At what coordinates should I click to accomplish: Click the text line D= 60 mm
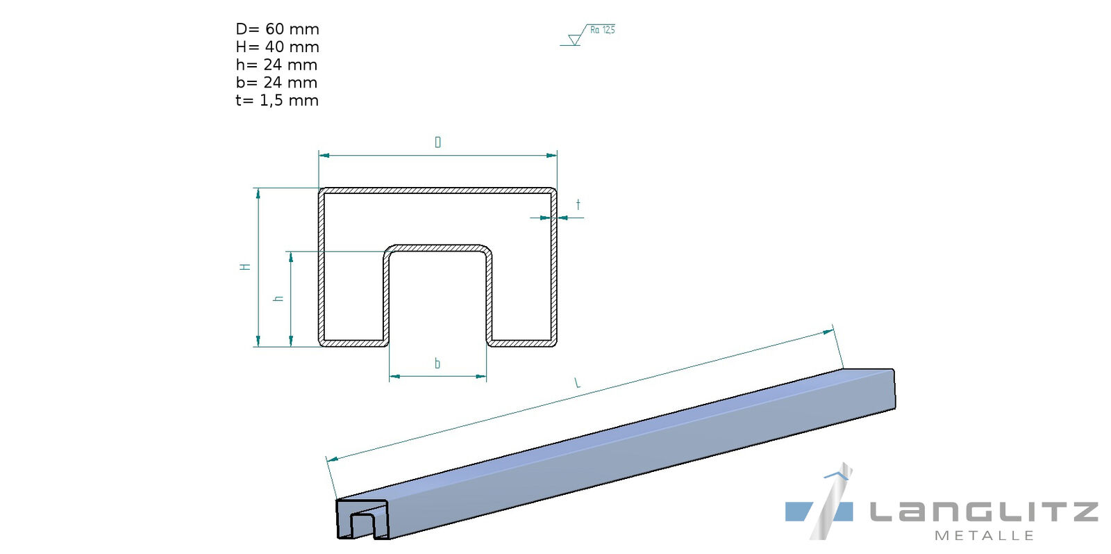coord(277,29)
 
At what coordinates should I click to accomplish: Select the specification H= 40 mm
coord(277,47)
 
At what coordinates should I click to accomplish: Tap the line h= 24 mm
coord(276,65)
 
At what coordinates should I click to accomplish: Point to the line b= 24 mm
coord(276,83)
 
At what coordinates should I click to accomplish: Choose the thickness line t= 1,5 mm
coord(277,101)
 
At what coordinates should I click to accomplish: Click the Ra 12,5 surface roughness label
coord(602,30)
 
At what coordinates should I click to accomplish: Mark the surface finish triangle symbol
coord(574,40)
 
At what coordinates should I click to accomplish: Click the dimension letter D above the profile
coord(437,142)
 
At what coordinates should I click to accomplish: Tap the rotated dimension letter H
coord(245,266)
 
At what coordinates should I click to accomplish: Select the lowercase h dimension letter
coord(279,298)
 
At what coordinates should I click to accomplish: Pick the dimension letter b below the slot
coord(437,364)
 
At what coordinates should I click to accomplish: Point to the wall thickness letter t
coord(578,205)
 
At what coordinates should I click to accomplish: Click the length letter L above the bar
coord(577,382)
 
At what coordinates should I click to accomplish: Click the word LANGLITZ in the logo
coord(983,512)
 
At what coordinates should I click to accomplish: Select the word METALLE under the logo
coord(984,536)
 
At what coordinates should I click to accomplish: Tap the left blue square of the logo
coord(799,512)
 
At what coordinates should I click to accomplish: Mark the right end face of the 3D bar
coord(894,389)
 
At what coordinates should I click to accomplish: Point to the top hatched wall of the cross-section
coord(437,190)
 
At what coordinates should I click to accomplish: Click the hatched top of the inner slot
coord(437,247)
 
